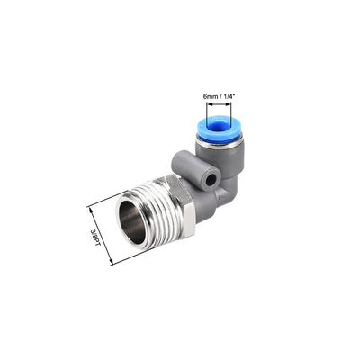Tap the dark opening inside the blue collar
point(215,125)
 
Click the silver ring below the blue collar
point(217,143)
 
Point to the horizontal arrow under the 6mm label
point(216,104)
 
